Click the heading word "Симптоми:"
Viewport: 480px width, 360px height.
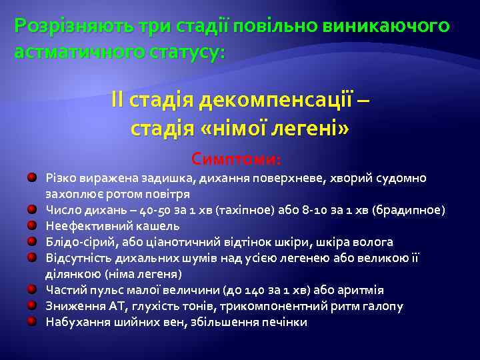click(237, 160)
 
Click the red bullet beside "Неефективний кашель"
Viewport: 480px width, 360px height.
click(32, 226)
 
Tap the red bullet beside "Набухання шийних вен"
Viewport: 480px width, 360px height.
click(32, 322)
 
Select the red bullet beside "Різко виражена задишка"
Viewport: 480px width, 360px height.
click(32, 178)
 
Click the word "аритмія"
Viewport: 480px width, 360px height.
click(361, 290)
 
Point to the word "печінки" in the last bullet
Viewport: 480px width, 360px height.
click(285, 322)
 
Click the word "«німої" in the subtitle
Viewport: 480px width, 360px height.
click(205, 127)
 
